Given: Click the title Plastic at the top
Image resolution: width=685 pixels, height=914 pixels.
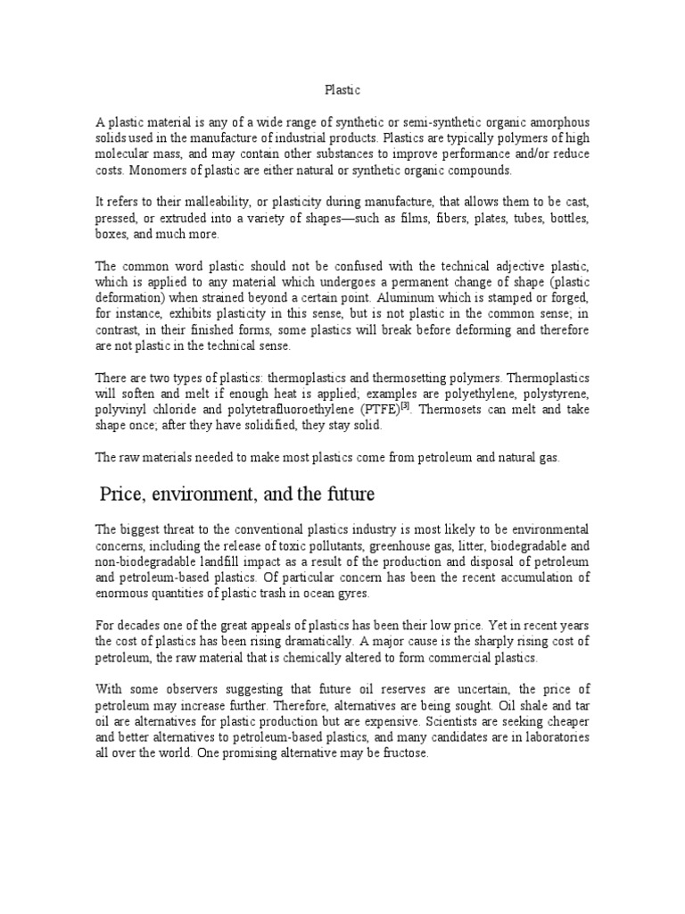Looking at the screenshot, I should click(342, 89).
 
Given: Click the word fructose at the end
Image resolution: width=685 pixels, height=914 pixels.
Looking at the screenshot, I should click(402, 754).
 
